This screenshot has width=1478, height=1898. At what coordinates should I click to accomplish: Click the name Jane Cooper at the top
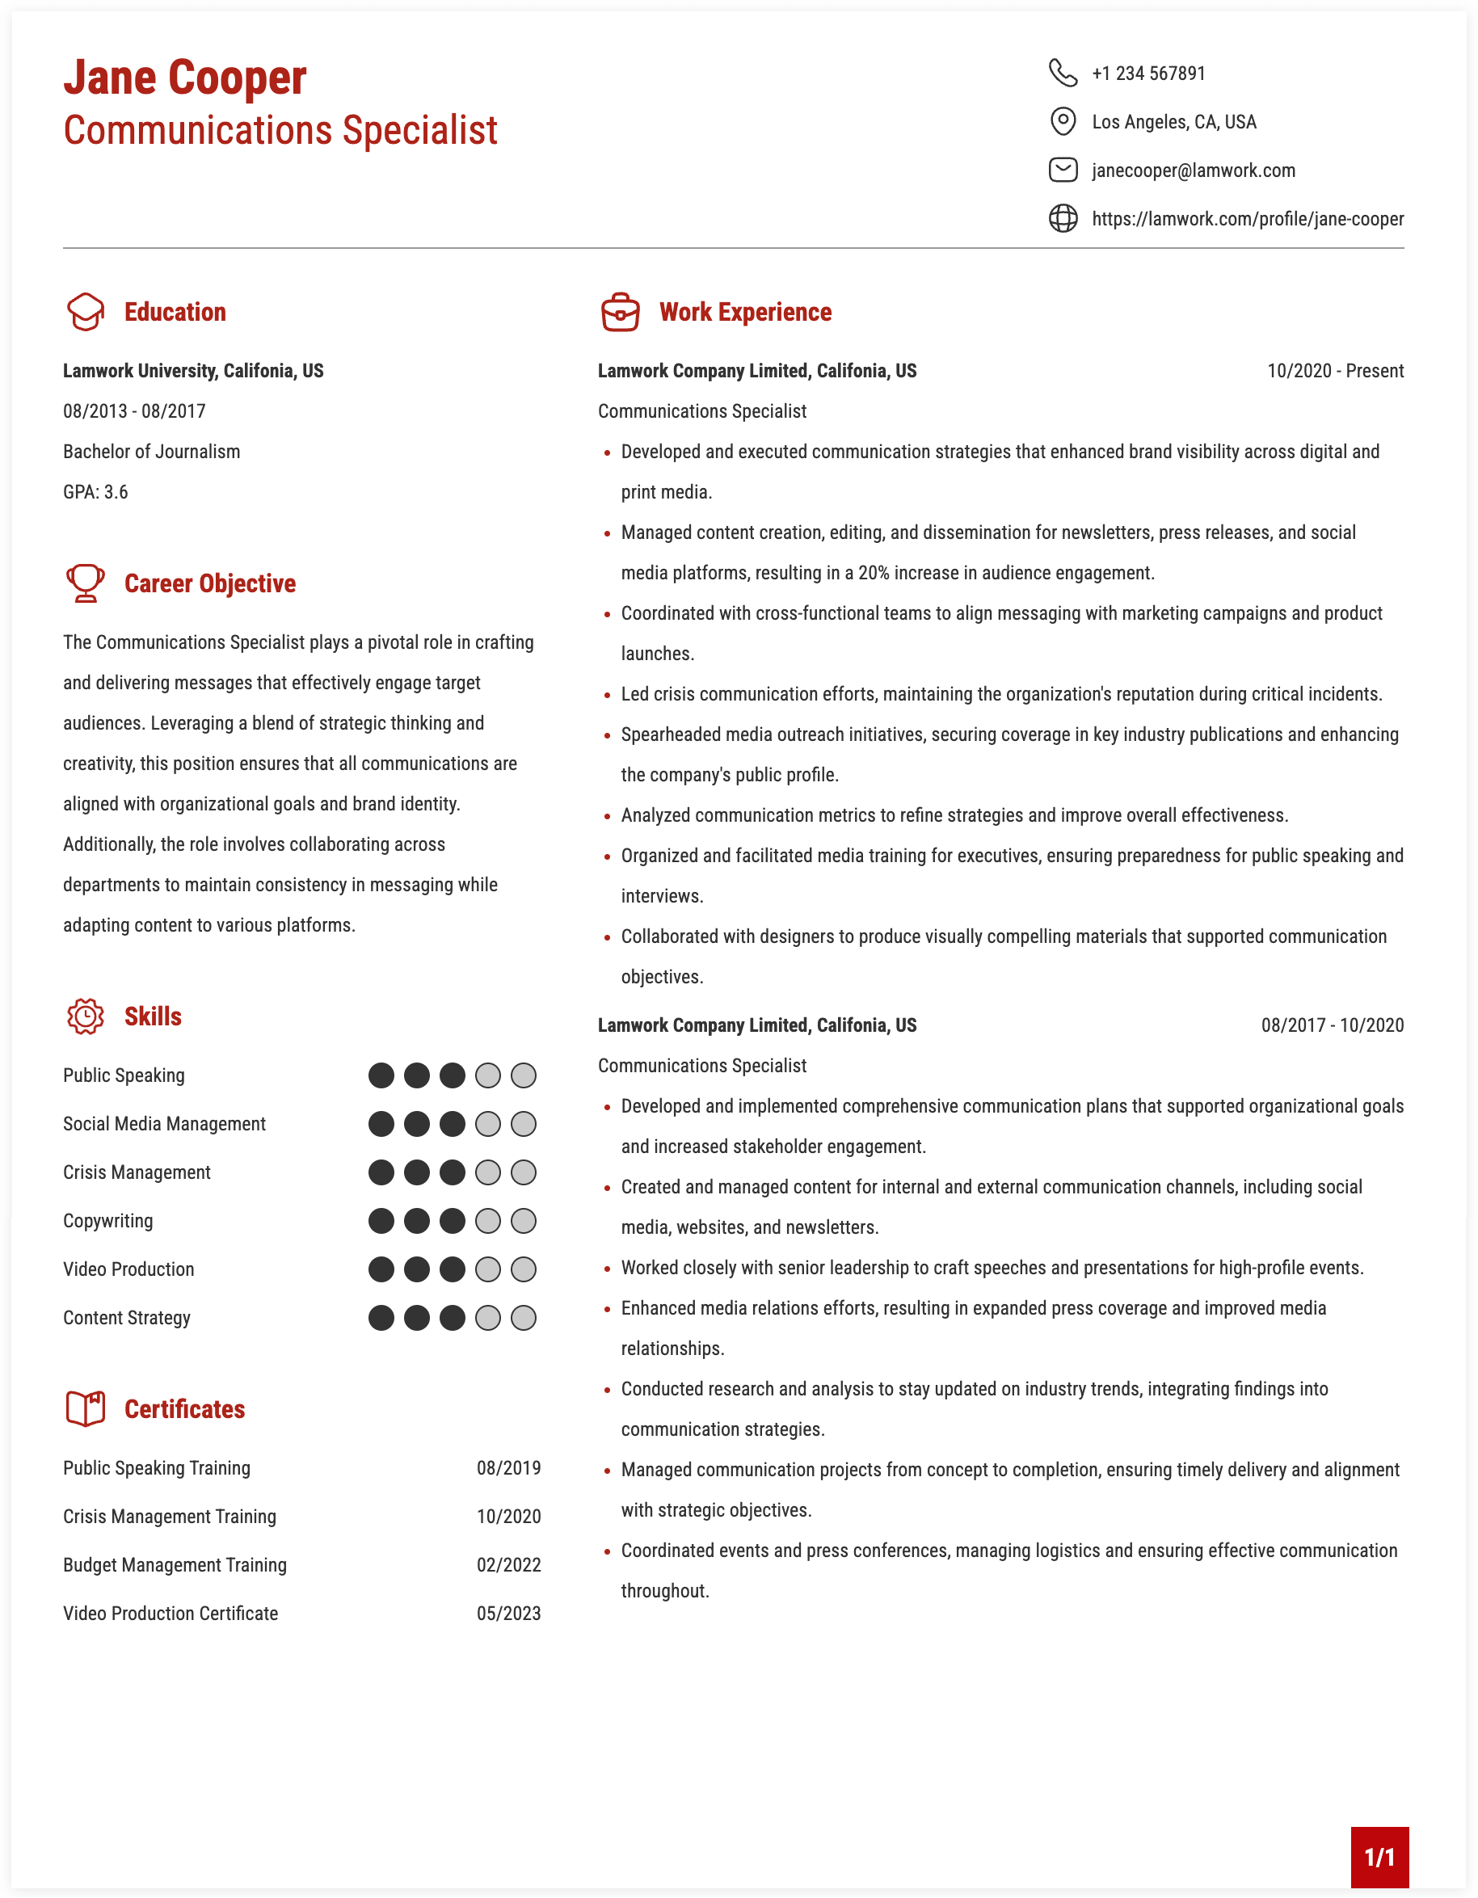(184, 78)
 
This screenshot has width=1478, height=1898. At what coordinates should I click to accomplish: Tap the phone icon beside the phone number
(1062, 73)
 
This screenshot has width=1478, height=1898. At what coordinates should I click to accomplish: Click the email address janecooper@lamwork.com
(1192, 170)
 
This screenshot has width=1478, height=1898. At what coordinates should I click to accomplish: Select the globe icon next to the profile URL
(1062, 218)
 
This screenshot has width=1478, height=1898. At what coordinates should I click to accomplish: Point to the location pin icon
(1062, 121)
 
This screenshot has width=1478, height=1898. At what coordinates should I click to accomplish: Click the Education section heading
(175, 312)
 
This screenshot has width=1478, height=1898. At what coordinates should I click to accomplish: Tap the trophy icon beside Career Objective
(85, 583)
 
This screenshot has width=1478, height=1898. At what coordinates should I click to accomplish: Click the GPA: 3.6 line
(95, 492)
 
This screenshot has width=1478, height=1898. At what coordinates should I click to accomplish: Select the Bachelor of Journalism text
(151, 452)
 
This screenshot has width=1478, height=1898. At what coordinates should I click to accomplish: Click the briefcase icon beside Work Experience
(620, 312)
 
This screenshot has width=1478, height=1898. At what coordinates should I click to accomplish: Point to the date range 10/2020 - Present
(1334, 371)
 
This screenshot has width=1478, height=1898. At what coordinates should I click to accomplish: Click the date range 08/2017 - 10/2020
(1331, 1025)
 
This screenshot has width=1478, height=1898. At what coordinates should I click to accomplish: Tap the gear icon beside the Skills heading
(85, 1016)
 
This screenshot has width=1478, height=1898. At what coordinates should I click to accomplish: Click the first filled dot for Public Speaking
(381, 1076)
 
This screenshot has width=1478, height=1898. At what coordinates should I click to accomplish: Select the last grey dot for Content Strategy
(523, 1319)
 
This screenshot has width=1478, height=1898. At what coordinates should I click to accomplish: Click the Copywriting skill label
(107, 1221)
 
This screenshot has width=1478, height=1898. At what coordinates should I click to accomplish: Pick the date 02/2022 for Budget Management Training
(508, 1565)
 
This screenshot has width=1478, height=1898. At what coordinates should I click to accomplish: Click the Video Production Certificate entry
(171, 1614)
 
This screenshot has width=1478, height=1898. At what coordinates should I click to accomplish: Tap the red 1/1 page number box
(1379, 1857)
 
